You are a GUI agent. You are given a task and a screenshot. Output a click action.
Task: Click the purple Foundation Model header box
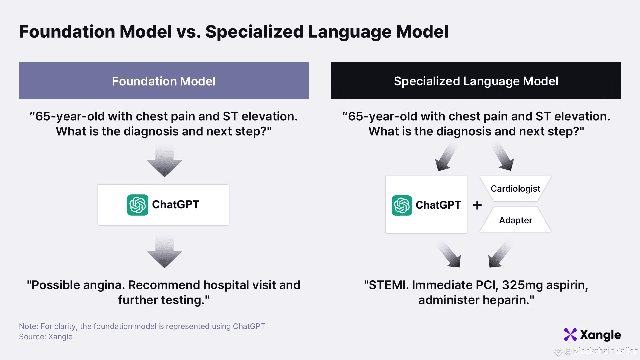tap(164, 81)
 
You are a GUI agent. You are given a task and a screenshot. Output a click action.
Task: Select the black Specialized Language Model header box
tap(476, 81)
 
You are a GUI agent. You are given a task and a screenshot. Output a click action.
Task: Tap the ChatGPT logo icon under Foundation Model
tap(137, 205)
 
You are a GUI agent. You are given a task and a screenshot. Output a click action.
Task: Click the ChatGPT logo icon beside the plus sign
tap(402, 205)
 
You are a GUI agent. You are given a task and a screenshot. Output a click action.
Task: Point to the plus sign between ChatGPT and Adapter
tap(477, 205)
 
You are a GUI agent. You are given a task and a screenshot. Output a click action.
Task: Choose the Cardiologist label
tap(515, 189)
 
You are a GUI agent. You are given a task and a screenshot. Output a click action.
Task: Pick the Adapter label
tap(515, 220)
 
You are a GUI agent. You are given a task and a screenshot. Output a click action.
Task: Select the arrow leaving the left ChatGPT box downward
tap(164, 252)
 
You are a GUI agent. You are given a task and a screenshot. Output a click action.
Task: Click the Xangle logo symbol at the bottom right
tap(570, 335)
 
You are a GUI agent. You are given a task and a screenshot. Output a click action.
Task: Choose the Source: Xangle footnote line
tap(46, 337)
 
